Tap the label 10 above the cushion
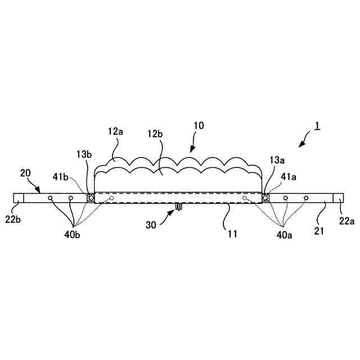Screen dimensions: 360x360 (199, 125)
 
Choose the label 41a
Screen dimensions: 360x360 (288, 176)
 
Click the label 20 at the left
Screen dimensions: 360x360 (26, 173)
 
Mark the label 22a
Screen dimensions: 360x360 (347, 221)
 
